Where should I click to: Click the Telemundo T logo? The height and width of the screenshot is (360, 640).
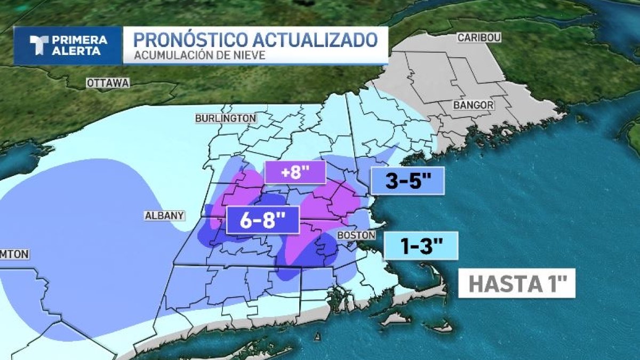tap(41, 45)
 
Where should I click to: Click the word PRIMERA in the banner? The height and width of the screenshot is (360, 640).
tap(79, 40)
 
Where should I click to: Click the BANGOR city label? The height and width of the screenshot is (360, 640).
tap(473, 105)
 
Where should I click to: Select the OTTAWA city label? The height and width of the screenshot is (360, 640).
tap(108, 83)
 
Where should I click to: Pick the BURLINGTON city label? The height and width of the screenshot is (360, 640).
tap(226, 118)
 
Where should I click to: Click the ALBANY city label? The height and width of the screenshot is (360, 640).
tap(165, 215)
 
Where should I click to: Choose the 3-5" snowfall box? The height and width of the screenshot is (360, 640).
tap(408, 181)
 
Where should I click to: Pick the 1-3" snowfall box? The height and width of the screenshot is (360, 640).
tap(421, 246)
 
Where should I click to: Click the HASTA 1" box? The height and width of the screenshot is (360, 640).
tap(516, 283)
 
